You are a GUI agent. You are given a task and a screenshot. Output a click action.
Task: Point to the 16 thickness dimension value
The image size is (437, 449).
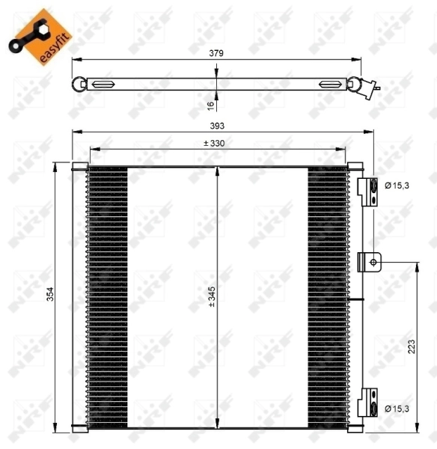point(210,105)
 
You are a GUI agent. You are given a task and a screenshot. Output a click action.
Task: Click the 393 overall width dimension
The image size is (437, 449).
point(218,126)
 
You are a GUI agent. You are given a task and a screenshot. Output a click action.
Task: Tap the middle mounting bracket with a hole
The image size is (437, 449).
point(370,261)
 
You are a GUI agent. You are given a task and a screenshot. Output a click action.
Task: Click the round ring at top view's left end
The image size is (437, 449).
point(79,83)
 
